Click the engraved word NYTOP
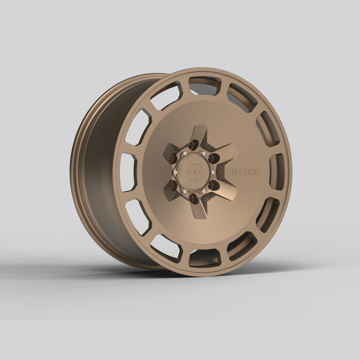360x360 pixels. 245,172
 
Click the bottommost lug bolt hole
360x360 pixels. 193,198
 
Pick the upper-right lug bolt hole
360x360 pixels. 213,158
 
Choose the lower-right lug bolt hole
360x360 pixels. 213,185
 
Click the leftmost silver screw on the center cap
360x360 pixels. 175,172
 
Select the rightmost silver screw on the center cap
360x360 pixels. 213,172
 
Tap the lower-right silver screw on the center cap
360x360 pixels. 203,190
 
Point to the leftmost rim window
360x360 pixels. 128,171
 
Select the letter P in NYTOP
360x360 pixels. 256,172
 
